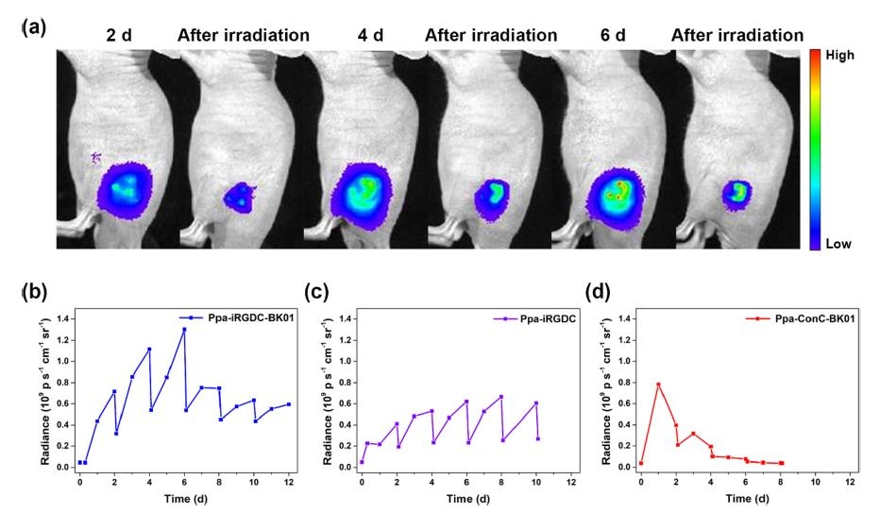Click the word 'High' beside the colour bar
(839, 56)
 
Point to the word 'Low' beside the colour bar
(838, 244)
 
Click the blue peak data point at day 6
(184, 330)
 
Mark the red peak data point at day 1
(658, 385)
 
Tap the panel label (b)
(33, 293)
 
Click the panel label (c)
(316, 293)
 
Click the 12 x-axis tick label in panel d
(851, 482)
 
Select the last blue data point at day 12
(288, 404)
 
